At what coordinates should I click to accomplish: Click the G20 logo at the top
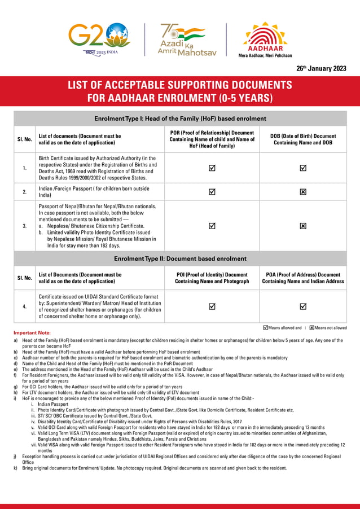click(x=99, y=38)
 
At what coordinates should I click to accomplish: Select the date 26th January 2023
click(x=321, y=68)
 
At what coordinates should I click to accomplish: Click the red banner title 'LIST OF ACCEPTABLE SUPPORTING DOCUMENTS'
click(x=179, y=86)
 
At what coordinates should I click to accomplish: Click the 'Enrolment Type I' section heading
click(x=180, y=119)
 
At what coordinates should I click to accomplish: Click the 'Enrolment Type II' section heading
click(x=180, y=258)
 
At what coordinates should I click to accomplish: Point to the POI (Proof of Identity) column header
click(x=212, y=278)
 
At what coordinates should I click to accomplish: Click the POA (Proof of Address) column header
click(x=303, y=278)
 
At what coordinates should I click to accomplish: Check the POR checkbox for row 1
click(x=212, y=168)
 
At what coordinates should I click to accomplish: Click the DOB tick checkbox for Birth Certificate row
click(x=303, y=168)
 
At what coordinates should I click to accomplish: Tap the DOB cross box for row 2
click(x=303, y=192)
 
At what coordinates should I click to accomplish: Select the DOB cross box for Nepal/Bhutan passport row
click(x=303, y=226)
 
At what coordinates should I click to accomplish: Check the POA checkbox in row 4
click(x=303, y=306)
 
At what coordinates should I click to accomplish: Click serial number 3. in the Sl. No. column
click(x=24, y=226)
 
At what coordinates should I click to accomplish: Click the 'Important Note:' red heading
click(x=32, y=333)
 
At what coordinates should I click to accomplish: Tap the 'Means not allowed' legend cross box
click(x=312, y=327)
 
